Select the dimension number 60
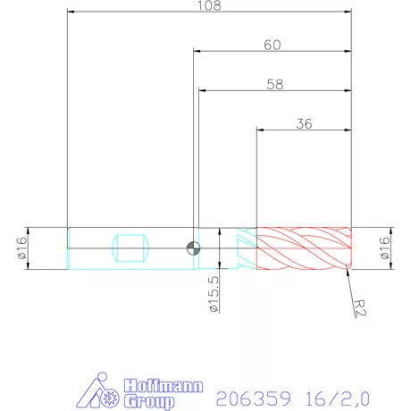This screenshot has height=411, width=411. point(274,45)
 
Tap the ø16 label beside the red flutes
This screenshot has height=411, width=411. point(387,247)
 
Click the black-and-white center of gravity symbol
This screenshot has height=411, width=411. point(193,247)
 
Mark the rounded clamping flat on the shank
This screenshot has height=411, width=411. point(131,247)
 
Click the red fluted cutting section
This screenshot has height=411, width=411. point(304,247)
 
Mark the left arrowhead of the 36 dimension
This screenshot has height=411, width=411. point(260,131)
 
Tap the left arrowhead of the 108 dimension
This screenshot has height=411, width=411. point(71,13)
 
